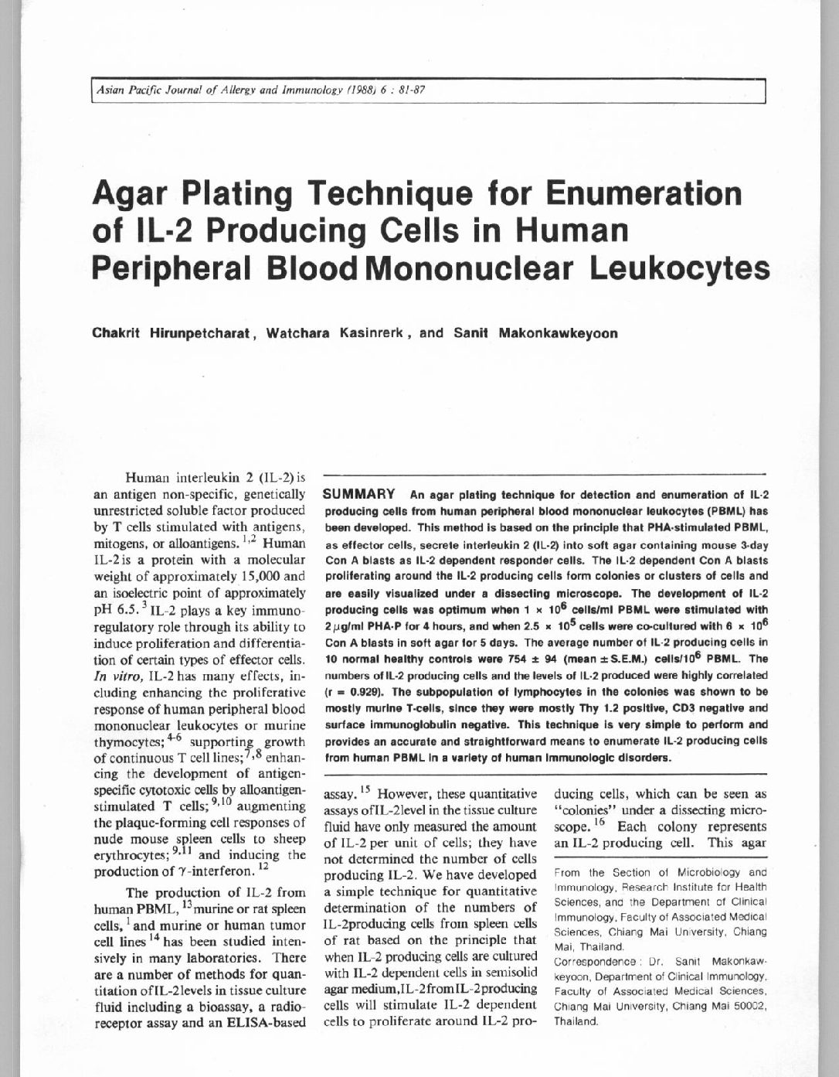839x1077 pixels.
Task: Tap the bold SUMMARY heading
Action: (360, 494)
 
